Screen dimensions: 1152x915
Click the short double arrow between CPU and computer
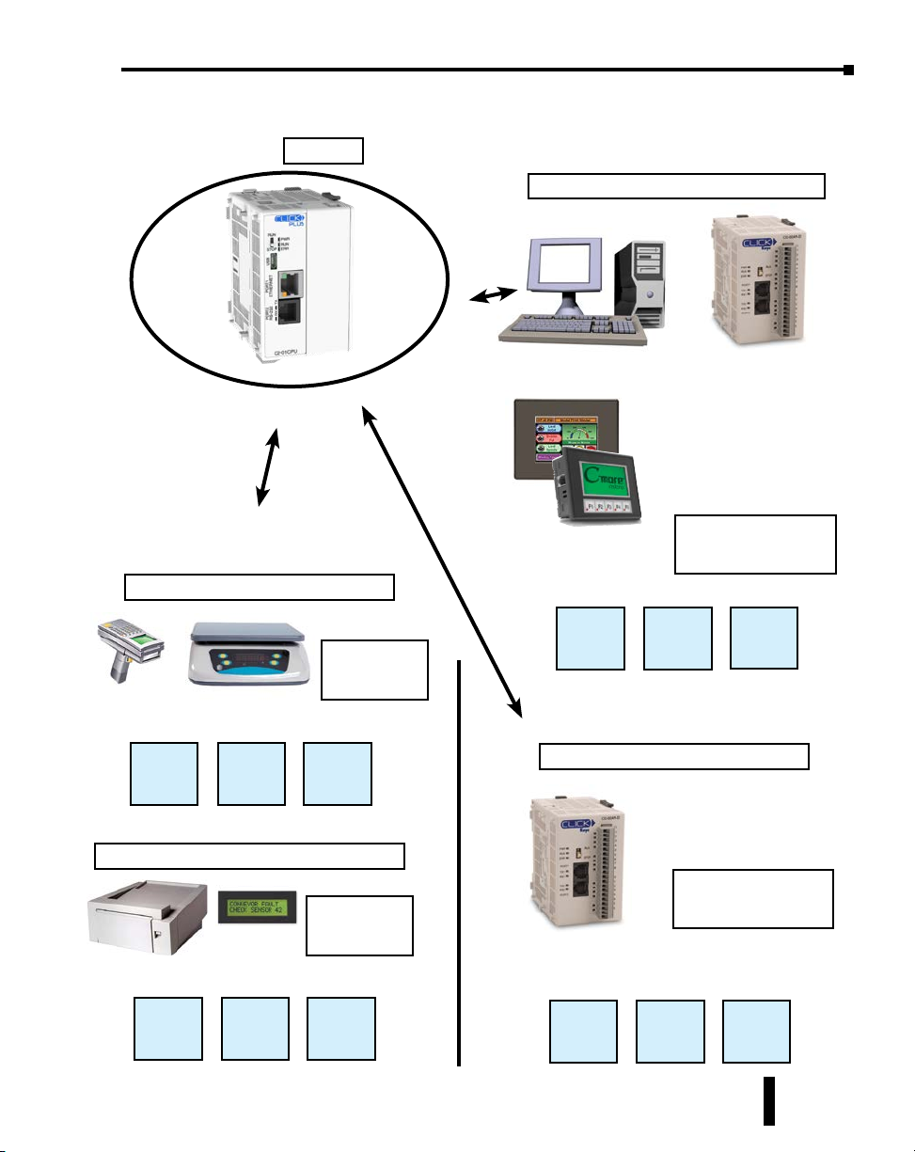coord(493,296)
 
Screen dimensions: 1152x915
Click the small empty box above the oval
coord(323,150)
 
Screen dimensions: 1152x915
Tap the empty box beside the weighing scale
coord(374,670)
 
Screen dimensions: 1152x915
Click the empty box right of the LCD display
coord(360,925)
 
